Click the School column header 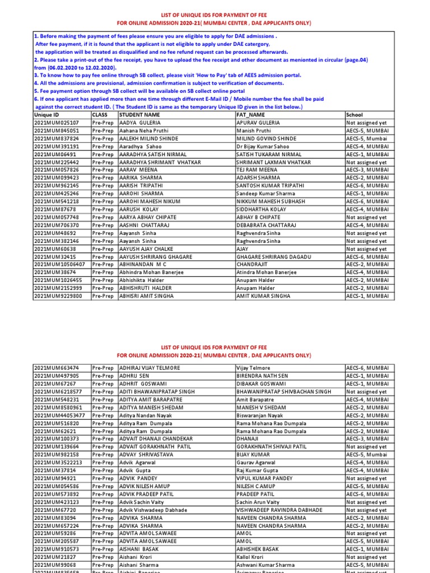point(354,115)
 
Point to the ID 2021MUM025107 point(57,123)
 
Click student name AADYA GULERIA point(139,123)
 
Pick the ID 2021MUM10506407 point(60,265)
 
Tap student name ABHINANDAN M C point(142,265)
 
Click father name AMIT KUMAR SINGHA point(263,296)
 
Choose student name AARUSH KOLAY point(139,209)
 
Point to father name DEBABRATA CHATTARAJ point(267,225)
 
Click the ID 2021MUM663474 point(57,368)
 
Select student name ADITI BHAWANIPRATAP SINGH point(157,392)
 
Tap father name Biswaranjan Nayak point(260,416)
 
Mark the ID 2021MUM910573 point(57,549)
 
